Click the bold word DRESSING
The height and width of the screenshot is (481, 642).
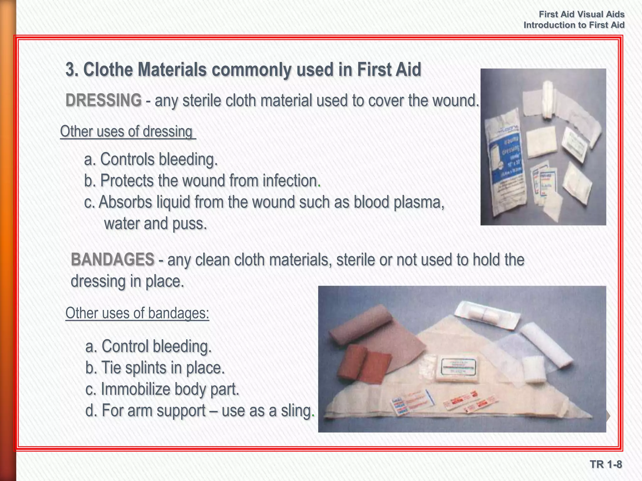(103, 101)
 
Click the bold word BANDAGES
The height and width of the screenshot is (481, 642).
(113, 260)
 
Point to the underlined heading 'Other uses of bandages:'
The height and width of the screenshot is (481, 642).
(137, 313)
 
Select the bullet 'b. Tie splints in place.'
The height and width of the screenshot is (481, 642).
(155, 368)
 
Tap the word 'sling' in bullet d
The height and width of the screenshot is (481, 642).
(296, 411)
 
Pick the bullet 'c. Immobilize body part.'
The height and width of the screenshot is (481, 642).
(162, 389)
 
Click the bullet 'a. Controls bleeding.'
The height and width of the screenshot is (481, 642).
(151, 159)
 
